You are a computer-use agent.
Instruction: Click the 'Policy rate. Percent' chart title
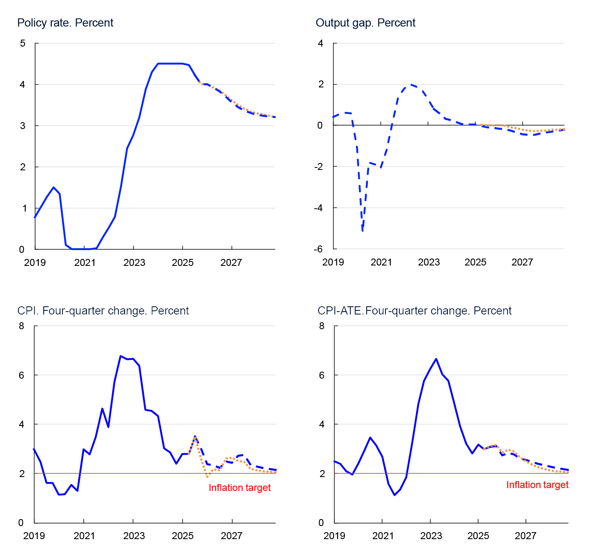(x=65, y=23)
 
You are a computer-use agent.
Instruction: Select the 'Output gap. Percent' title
(x=365, y=23)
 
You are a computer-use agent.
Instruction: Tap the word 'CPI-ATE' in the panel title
(x=340, y=311)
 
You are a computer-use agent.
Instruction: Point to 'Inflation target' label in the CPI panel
(x=240, y=488)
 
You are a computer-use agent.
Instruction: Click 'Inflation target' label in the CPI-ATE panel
(x=537, y=485)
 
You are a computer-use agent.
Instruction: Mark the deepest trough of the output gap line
(x=363, y=231)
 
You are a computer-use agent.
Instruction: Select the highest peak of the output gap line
(x=411, y=85)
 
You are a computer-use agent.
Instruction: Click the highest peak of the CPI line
(x=120, y=356)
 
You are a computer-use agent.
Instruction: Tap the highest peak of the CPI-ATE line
(x=436, y=359)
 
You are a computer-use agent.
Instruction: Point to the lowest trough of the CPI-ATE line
(x=395, y=495)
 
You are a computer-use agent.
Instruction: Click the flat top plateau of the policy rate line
(x=169, y=64)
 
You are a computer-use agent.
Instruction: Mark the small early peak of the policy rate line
(x=53, y=187)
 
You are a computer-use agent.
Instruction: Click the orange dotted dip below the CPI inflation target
(x=208, y=476)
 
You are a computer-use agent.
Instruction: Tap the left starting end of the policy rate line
(x=34, y=218)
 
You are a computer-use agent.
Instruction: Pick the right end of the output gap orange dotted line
(x=564, y=129)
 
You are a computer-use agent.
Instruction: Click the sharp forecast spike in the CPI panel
(x=195, y=437)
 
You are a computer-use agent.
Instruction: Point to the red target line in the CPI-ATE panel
(x=449, y=473)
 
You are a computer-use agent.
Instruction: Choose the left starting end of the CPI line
(x=33, y=449)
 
